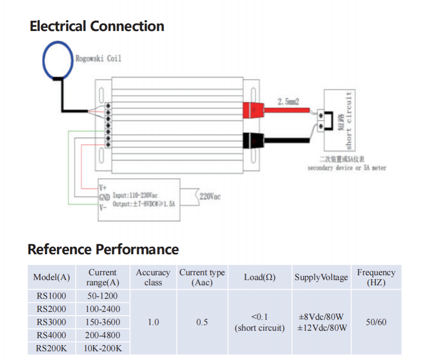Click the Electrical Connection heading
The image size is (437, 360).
pos(97,26)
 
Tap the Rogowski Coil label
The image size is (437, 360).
pos(98,58)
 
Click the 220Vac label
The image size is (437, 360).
pos(210,197)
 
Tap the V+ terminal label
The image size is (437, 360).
pos(103,188)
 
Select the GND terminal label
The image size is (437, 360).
pos(105,197)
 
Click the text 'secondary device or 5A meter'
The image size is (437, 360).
pos(347,168)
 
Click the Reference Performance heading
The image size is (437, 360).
pos(103,249)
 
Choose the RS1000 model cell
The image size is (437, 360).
pos(52,296)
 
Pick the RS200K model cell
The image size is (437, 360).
pos(52,348)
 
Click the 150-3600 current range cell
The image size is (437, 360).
pos(103,322)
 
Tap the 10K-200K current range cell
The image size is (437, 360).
pos(103,348)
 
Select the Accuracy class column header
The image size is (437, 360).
pos(153,277)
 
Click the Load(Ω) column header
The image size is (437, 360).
pos(260,277)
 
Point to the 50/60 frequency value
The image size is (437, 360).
pos(376,322)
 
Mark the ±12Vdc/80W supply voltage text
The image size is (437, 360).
pos(322,328)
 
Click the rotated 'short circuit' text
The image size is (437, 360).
pos(348,120)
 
